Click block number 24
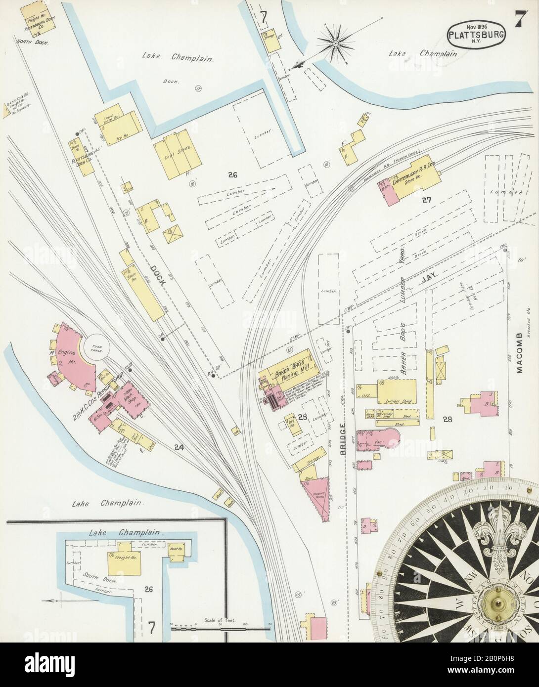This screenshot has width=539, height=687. click(x=179, y=448)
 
